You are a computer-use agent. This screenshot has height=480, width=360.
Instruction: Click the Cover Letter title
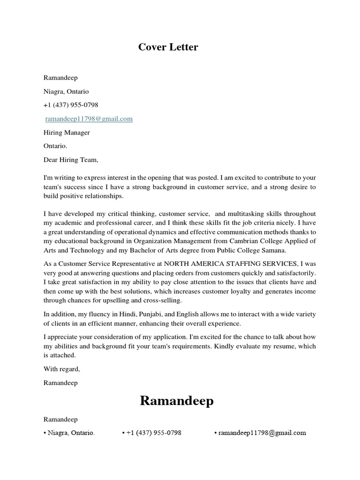[x=168, y=47]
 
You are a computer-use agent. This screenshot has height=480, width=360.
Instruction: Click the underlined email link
[x=89, y=119]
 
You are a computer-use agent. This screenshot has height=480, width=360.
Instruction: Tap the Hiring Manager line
[x=67, y=133]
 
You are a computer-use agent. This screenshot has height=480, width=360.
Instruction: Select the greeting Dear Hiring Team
[x=71, y=160]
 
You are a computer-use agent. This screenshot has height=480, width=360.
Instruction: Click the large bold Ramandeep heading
[x=177, y=401]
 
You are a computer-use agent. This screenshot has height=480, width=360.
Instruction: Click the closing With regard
[x=61, y=369]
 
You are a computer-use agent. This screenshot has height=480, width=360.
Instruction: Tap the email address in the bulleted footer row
[x=262, y=433]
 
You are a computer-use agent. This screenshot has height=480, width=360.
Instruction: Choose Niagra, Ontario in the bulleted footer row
[x=71, y=433]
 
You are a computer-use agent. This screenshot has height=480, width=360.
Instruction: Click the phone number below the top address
[x=71, y=105]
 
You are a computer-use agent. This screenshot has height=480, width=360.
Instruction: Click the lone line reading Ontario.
[x=55, y=146]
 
